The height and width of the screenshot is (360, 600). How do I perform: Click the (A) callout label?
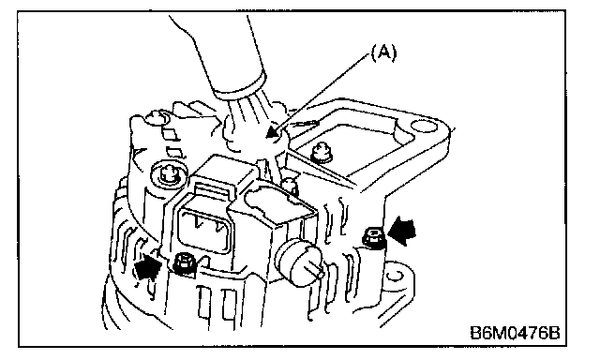383,52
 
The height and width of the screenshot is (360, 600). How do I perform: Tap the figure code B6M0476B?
515,333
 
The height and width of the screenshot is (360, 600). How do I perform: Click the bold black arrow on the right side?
402,231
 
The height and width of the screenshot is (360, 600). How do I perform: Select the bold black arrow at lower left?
148,267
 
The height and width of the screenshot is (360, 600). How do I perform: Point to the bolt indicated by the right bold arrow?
373,237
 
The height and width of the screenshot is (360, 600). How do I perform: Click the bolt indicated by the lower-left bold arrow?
185,264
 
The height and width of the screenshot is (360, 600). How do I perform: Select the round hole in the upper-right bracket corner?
423,127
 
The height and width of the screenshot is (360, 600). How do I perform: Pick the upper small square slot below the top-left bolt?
169,133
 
